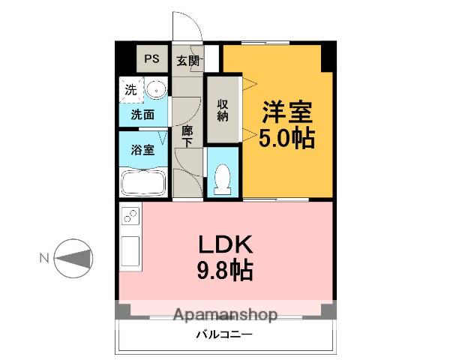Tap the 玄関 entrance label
pos(187,61)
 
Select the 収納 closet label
pos(223,110)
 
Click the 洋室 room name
pos(286,114)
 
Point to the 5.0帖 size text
pos(287,139)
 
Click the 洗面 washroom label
pos(142,115)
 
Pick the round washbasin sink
pos(156,91)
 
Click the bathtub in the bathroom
pos(143,182)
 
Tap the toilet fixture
pos(223,178)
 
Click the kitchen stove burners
pos(128,217)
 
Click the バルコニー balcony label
pos(224,334)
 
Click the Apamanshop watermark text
pos(224,315)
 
